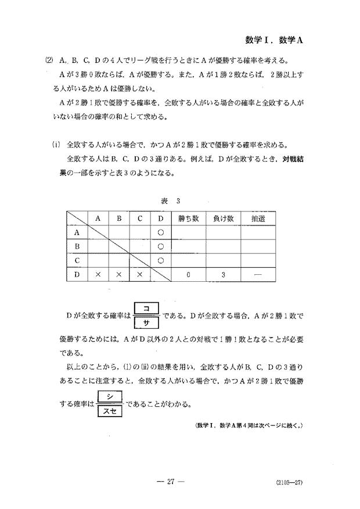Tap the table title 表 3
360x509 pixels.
[171, 201]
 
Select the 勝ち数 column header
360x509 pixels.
[189, 218]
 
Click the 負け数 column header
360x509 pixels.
[223, 218]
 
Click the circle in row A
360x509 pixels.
[160, 232]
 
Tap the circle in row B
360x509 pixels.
[160, 245]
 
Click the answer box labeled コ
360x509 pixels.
[146, 309]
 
